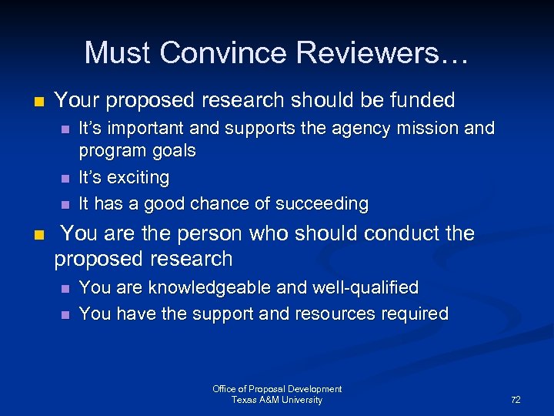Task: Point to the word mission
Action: click(427, 128)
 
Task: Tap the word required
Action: click(419, 314)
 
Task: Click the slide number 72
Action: click(516, 400)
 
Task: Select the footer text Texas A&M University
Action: click(277, 400)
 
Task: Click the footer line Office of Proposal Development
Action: click(277, 389)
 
